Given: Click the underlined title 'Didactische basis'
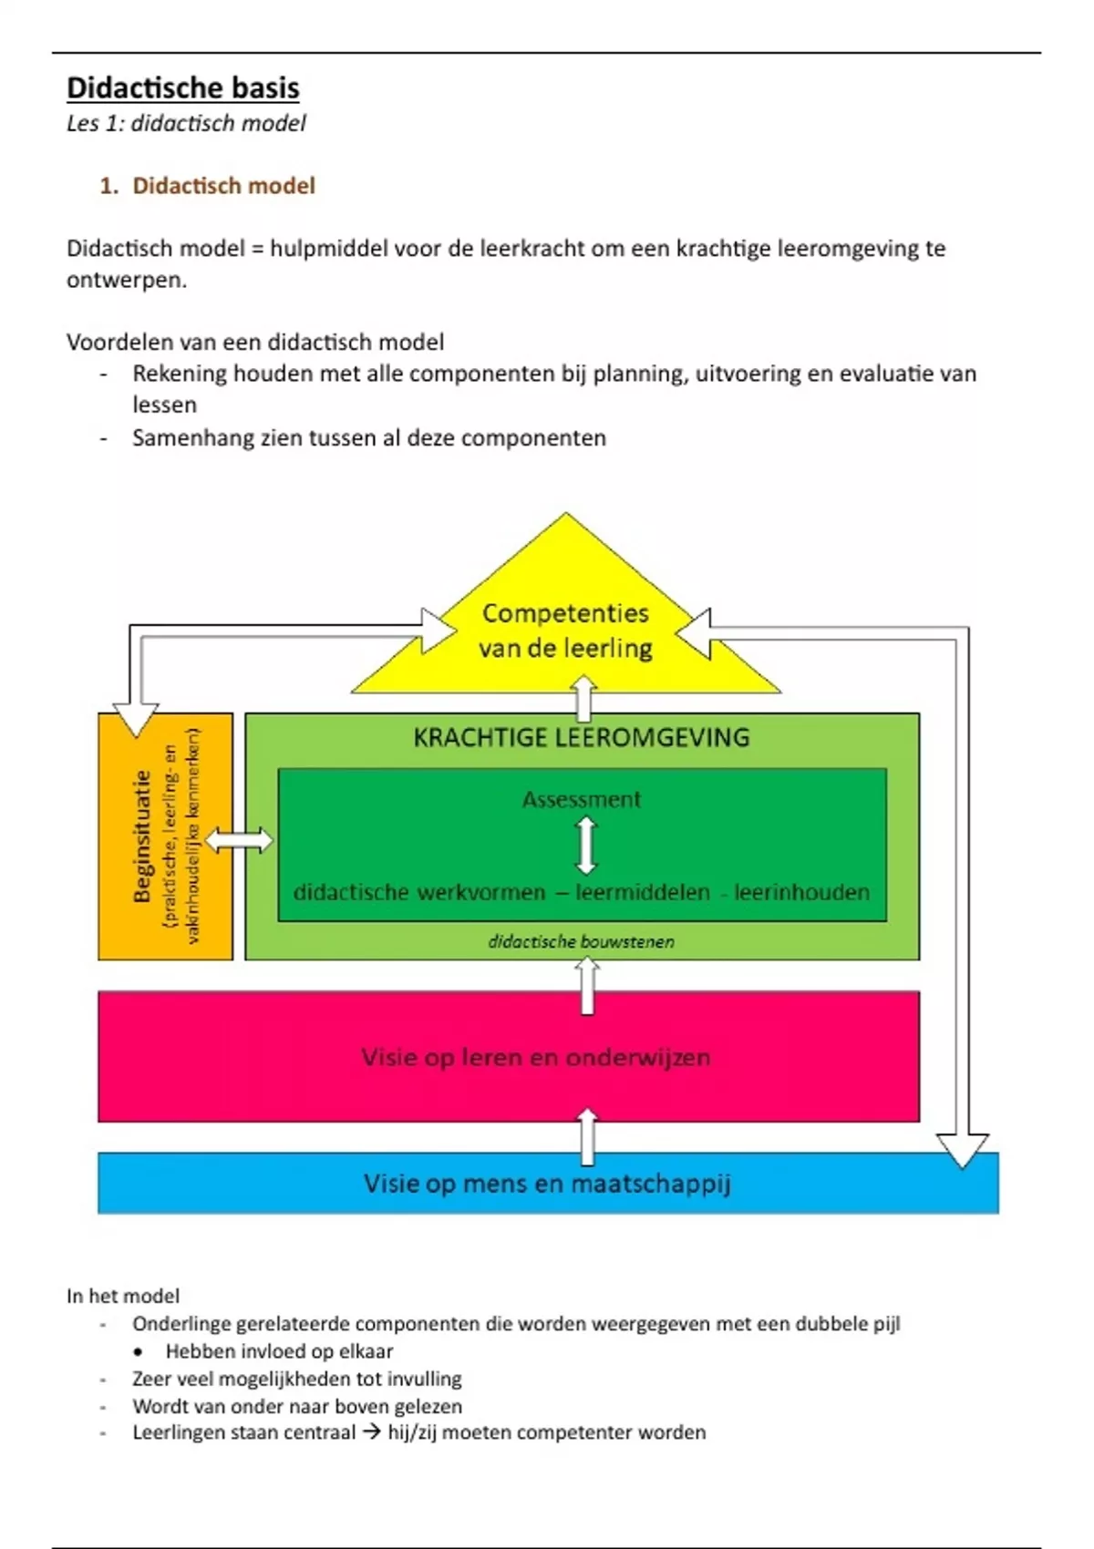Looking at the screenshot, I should (x=182, y=88).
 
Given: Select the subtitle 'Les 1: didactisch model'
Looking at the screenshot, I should (x=186, y=123).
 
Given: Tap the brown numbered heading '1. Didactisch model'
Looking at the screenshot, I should (x=208, y=186).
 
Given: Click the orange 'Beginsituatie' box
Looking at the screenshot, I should (x=165, y=836).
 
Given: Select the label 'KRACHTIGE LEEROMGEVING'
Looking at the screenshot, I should (x=582, y=737).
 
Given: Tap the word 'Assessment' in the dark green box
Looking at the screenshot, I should (x=582, y=799).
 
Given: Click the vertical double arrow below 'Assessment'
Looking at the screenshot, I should (x=586, y=846).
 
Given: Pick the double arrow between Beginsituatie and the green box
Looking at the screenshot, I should (x=239, y=840).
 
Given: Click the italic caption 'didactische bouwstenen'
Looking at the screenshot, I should (x=582, y=941).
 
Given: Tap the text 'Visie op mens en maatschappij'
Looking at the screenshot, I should (x=547, y=1184).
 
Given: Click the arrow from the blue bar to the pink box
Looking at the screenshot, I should (x=588, y=1136).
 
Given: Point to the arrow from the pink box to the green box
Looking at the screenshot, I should (x=588, y=986).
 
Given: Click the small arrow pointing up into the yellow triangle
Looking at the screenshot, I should (x=583, y=698).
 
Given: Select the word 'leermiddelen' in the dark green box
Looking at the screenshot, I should (x=643, y=892).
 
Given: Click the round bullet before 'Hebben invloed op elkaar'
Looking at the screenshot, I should (x=139, y=1351).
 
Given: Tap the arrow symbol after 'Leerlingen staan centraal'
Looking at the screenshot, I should (x=371, y=1431).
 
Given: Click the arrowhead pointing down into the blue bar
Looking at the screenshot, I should (x=962, y=1150).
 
